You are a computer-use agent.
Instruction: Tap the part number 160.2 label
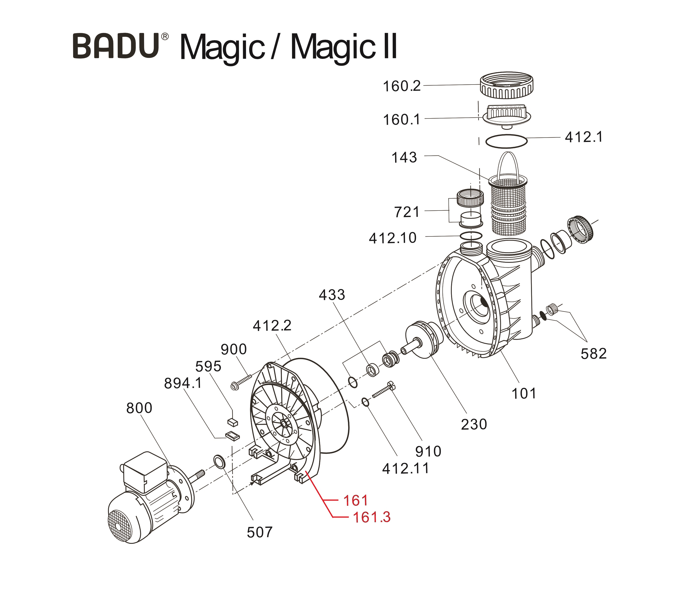click(x=401, y=86)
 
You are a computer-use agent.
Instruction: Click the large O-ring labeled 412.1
click(x=506, y=141)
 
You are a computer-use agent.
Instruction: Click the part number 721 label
click(x=407, y=212)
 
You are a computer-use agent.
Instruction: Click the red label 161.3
click(x=372, y=517)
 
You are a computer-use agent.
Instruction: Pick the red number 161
click(x=355, y=501)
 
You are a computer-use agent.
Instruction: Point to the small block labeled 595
click(x=233, y=422)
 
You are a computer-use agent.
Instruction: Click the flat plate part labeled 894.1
click(x=232, y=436)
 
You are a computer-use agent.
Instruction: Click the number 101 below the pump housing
click(x=523, y=393)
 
